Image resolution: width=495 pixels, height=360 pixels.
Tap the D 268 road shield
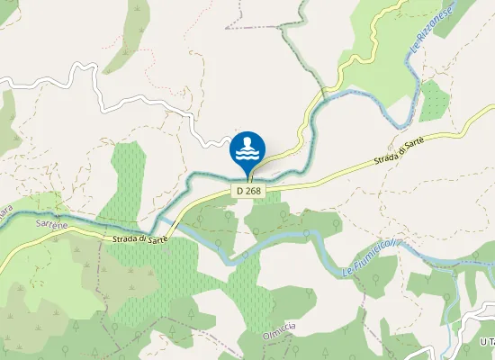249,191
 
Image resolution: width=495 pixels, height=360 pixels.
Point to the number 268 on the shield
254,191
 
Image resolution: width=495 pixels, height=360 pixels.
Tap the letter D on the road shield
241,191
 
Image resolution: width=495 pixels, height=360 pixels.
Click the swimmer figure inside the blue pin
248,144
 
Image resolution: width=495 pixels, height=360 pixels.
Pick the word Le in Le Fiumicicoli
346,270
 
